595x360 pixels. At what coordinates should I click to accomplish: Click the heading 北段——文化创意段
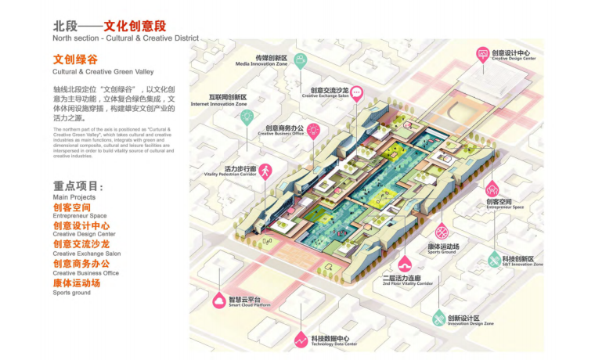pyautogui.click(x=110, y=27)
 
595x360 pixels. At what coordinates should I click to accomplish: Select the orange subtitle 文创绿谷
pyautogui.click(x=75, y=59)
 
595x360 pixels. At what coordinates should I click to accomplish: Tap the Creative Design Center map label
pyautogui.click(x=513, y=55)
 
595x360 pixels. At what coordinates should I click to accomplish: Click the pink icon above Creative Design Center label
pyautogui.click(x=483, y=54)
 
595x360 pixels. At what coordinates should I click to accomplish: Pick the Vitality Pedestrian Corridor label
pyautogui.click(x=231, y=171)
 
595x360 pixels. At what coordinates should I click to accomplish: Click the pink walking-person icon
pyautogui.click(x=265, y=171)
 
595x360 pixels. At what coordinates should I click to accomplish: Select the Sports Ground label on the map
pyautogui.click(x=442, y=249)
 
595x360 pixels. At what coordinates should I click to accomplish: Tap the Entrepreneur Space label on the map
pyautogui.click(x=503, y=204)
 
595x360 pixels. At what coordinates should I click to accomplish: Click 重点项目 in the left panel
pyautogui.click(x=78, y=186)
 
